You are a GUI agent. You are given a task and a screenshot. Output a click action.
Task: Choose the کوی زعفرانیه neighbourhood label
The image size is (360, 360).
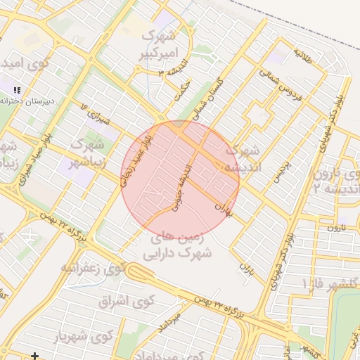tap(93, 268)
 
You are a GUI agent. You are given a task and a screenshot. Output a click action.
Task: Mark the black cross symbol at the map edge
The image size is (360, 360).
tap(34, 356)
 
